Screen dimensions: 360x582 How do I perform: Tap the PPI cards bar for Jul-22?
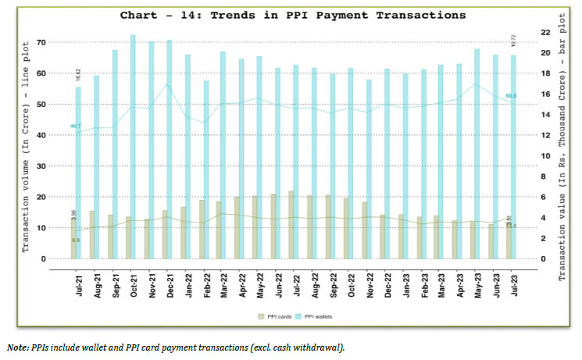291,225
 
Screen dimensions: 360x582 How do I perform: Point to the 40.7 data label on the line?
76,126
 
